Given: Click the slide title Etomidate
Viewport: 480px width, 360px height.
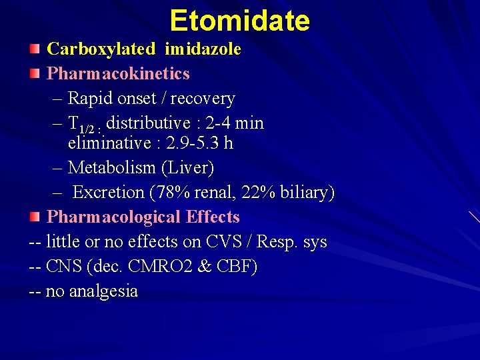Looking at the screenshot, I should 239,21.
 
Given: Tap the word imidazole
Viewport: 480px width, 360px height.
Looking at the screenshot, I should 203,49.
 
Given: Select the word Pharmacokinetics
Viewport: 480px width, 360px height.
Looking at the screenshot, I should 119,73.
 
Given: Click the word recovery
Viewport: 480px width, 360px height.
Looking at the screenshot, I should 203,99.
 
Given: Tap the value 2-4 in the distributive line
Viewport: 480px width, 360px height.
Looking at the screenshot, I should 232,123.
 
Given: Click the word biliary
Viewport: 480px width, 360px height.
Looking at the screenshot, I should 308,193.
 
